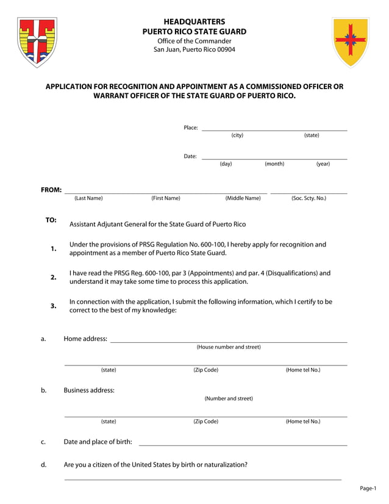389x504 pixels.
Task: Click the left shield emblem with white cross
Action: [37, 41]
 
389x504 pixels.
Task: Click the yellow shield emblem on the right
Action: [350, 41]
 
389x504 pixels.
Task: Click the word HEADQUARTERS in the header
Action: [194, 21]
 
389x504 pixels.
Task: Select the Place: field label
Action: [191, 128]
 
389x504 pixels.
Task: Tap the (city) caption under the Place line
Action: [237, 135]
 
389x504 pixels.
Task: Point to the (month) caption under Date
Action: [274, 164]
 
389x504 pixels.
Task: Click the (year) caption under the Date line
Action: [323, 164]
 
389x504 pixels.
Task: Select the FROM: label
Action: [51, 190]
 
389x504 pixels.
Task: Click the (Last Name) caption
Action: [88, 198]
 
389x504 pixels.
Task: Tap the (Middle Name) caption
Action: [243, 198]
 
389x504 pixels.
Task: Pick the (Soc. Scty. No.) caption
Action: [309, 198]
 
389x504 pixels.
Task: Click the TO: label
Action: [51, 220]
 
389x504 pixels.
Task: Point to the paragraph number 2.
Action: [54, 277]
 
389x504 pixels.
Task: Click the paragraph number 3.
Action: [54, 306]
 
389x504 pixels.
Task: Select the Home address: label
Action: [85, 339]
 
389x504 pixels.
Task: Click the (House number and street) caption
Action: [229, 347]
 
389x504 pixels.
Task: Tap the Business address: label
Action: [89, 390]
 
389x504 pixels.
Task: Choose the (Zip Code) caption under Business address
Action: [205, 422]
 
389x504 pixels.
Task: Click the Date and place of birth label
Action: [98, 442]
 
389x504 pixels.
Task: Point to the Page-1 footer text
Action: [368, 488]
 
